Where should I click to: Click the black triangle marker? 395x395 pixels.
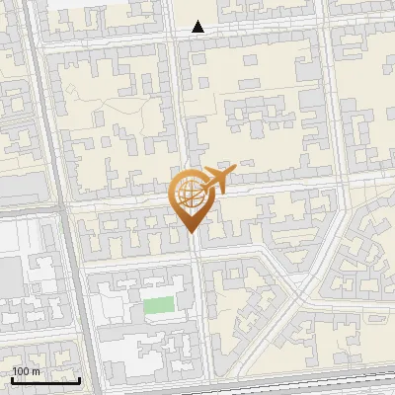point(198,27)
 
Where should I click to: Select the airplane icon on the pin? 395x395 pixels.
point(213,182)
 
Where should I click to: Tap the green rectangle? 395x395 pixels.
point(158,305)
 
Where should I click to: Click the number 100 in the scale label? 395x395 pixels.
point(21,370)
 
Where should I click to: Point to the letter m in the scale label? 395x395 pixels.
point(37,370)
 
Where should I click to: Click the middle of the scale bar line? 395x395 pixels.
point(45,380)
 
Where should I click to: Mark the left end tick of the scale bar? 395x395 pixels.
point(11,378)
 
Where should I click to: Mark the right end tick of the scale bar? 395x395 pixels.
point(80,378)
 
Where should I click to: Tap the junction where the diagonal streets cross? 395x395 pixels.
point(296,291)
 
